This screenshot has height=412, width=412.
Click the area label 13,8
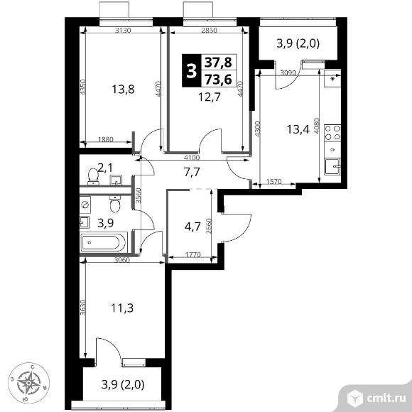[123, 90]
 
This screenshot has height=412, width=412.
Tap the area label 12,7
[210, 97]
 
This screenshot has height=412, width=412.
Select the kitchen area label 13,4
[298, 129]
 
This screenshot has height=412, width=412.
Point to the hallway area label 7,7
[192, 173]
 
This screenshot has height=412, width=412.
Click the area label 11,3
[122, 308]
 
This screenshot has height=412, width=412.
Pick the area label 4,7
[193, 226]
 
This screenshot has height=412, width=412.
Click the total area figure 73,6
[218, 80]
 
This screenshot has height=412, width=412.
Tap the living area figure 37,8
[218, 63]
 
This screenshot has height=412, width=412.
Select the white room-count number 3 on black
[191, 71]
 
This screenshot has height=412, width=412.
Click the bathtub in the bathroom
[104, 242]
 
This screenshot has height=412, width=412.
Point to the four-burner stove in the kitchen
[332, 133]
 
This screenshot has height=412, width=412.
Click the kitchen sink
[332, 166]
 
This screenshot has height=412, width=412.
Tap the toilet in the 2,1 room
[93, 176]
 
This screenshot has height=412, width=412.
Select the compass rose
[28, 383]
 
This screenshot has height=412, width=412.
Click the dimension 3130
[123, 31]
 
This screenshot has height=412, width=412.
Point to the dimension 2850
[209, 31]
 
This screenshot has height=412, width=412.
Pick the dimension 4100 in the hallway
[192, 158]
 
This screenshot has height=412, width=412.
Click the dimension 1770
[193, 254]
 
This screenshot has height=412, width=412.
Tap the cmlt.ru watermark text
[386, 399]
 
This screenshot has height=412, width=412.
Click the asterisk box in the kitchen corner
[332, 78]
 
